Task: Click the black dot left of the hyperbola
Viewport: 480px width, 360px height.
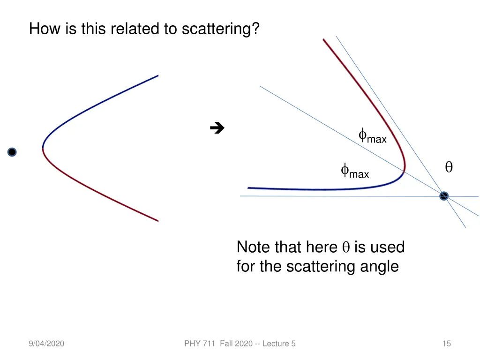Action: (x=12, y=152)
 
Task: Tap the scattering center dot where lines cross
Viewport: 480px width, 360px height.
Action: (x=444, y=196)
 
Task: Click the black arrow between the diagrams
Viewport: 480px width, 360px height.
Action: (x=217, y=127)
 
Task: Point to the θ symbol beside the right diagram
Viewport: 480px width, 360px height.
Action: (x=449, y=167)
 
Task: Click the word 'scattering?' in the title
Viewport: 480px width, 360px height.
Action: (x=220, y=29)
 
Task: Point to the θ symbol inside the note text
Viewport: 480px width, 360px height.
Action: (x=346, y=247)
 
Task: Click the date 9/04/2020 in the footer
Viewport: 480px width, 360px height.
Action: (x=46, y=344)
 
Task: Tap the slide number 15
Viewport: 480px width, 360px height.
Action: (x=446, y=344)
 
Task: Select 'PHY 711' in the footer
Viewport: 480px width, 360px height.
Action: (x=199, y=344)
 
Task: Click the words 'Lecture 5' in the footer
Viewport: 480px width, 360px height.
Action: (x=279, y=344)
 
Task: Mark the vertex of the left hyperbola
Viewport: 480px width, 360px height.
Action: (x=43, y=148)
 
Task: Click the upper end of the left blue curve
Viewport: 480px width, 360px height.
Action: (x=157, y=75)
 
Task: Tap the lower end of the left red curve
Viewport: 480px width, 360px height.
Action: (x=157, y=220)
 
